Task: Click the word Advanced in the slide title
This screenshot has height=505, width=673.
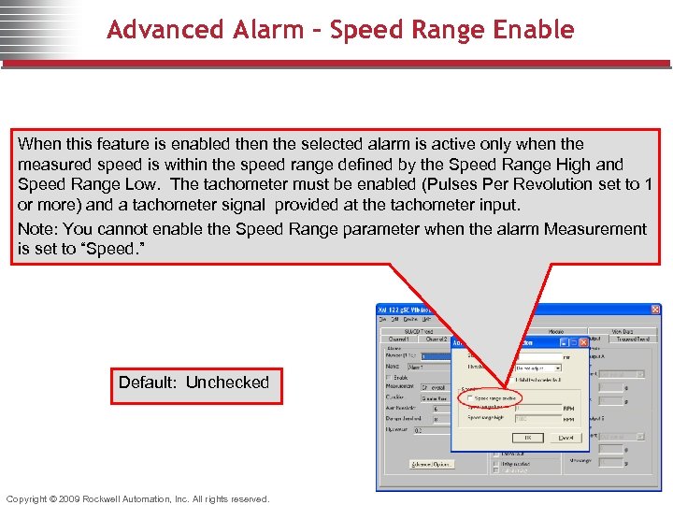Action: [153, 30]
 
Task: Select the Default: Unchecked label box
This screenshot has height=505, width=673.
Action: [193, 382]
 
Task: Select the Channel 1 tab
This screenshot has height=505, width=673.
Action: [400, 339]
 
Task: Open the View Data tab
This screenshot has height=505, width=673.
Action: [623, 331]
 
